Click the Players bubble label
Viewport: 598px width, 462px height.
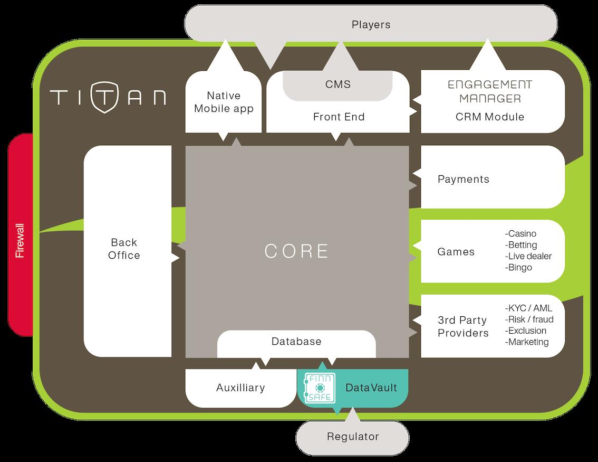371,25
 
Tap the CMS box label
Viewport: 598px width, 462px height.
338,84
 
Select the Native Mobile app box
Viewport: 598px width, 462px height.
224,102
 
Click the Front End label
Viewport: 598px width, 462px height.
339,117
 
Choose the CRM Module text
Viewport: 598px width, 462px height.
490,117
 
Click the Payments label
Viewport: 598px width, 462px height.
464,179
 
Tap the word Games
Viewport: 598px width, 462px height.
456,252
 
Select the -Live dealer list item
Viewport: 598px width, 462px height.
528,256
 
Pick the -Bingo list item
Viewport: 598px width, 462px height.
519,267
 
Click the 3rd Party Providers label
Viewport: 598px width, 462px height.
462,326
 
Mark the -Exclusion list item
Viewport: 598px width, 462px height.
526,331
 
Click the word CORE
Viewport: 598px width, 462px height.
297,251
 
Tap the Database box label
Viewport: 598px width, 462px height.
296,342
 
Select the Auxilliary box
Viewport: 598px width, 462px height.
240,388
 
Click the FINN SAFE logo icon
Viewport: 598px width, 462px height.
319,388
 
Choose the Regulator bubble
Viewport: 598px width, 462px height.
353,437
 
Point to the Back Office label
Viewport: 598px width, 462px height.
125,249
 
